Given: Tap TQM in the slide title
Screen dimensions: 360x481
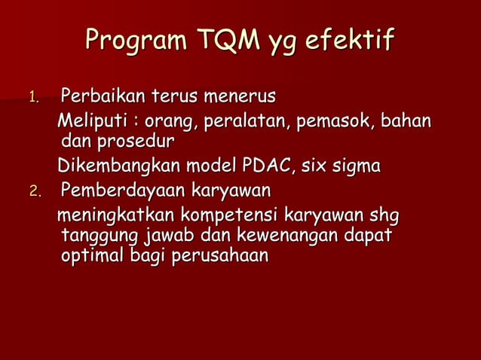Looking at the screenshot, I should (227, 40).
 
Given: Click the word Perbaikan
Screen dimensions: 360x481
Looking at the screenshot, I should (103, 96).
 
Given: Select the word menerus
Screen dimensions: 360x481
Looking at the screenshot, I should (241, 96).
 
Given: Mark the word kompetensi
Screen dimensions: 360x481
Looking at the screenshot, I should (224, 217).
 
